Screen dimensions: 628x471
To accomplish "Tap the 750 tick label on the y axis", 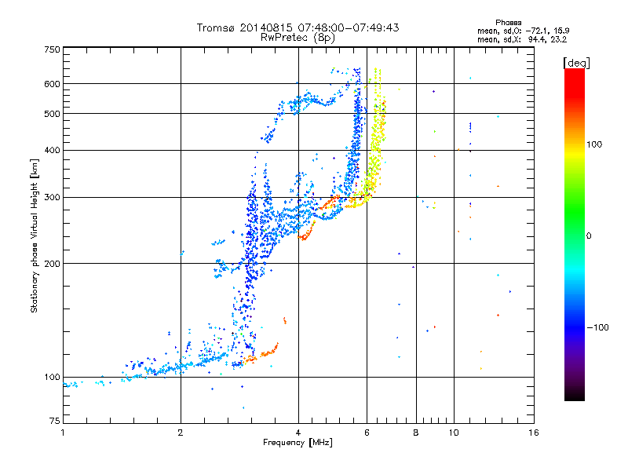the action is pyautogui.click(x=52, y=49).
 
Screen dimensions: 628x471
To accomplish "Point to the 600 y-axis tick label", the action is pyautogui.click(x=52, y=84).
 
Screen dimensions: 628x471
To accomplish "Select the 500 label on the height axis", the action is pyautogui.click(x=52, y=114).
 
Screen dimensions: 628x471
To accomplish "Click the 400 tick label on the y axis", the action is pyautogui.click(x=52, y=150).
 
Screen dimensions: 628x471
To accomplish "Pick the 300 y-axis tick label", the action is pyautogui.click(x=52, y=198).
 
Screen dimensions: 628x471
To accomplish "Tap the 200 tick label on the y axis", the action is pyautogui.click(x=52, y=264).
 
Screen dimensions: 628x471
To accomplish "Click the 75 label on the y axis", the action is pyautogui.click(x=55, y=421).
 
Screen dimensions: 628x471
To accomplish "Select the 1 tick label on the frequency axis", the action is pyautogui.click(x=63, y=433).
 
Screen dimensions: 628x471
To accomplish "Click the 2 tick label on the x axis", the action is pyautogui.click(x=181, y=433).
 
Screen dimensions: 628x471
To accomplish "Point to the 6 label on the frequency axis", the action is pyautogui.click(x=367, y=433).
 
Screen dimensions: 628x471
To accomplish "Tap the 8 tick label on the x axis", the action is pyautogui.click(x=416, y=433).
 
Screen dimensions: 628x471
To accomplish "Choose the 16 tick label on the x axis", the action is pyautogui.click(x=534, y=433).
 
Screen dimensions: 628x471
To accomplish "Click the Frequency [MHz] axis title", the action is pyautogui.click(x=298, y=443).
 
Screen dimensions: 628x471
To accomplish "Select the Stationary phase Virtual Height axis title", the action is pyautogui.click(x=34, y=235).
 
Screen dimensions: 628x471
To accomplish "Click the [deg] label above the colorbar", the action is pyautogui.click(x=577, y=63).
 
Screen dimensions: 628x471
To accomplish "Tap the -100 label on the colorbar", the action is pyautogui.click(x=597, y=327).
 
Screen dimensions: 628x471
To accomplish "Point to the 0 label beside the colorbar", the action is pyautogui.click(x=589, y=236).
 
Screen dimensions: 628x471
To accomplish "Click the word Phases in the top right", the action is pyautogui.click(x=508, y=23).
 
